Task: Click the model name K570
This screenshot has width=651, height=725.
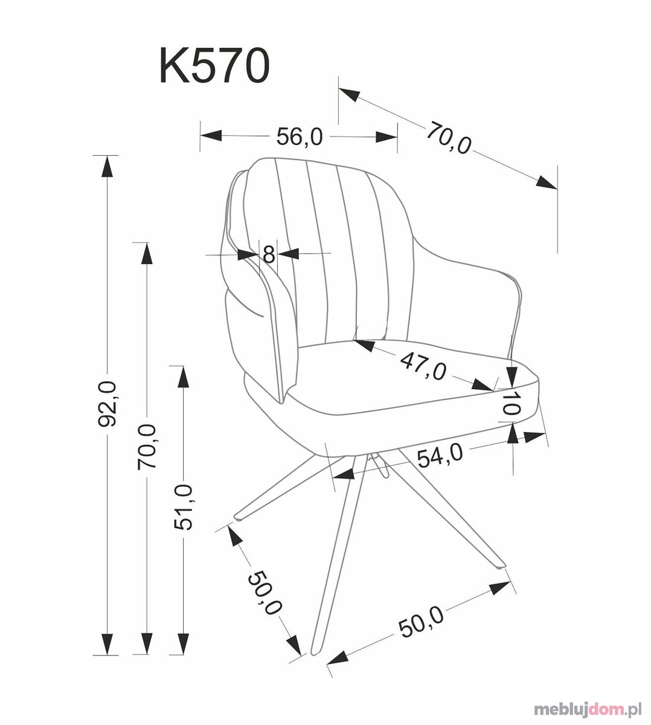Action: pyautogui.click(x=214, y=65)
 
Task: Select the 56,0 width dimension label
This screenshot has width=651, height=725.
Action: pyautogui.click(x=300, y=137)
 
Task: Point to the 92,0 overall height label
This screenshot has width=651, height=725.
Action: pyautogui.click(x=107, y=404)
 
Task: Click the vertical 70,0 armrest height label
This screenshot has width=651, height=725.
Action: pyautogui.click(x=147, y=446)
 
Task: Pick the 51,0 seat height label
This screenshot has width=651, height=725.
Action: pyautogui.click(x=183, y=507)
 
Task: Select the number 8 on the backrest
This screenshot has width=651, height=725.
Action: pyautogui.click(x=269, y=255)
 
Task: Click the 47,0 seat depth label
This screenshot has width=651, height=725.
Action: pyautogui.click(x=423, y=367)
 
